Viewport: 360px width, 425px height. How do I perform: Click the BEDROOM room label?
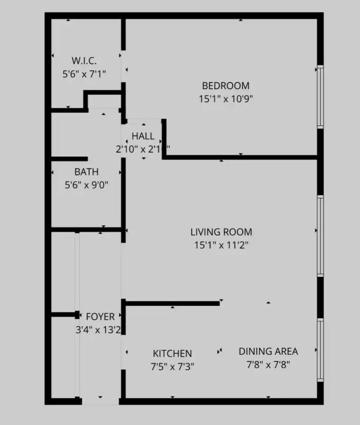tap(226, 86)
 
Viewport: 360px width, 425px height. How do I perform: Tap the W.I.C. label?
tap(84, 61)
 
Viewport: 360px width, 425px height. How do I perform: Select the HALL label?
tap(143, 137)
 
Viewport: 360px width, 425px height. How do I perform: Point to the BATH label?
tap(86, 172)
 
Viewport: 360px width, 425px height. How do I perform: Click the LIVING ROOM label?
tap(221, 232)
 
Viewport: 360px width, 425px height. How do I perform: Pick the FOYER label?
tap(100, 317)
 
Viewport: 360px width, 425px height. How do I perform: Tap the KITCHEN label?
tap(173, 353)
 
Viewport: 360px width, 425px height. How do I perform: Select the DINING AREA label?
tap(268, 351)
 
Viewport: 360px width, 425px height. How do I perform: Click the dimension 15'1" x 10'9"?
tap(226, 98)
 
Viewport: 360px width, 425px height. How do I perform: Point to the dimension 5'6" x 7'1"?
tap(84, 74)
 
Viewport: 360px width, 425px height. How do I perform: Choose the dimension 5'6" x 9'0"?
tap(86, 185)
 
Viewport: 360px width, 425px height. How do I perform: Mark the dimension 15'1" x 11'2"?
tap(221, 245)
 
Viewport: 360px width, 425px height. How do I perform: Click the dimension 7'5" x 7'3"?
tap(173, 366)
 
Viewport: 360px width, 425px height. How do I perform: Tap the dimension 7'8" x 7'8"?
tap(268, 364)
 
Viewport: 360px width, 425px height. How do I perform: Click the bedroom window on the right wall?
tap(320, 97)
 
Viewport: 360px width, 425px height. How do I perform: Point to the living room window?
tap(320, 236)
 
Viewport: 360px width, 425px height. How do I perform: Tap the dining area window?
tap(320, 350)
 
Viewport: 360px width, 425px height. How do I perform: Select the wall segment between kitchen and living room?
tap(173, 303)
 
